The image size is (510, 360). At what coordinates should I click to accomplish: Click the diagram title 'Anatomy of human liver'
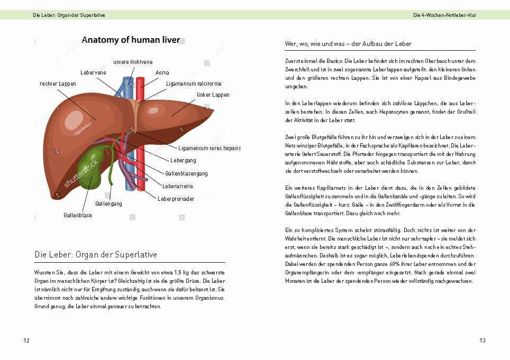pyautogui.click(x=131, y=40)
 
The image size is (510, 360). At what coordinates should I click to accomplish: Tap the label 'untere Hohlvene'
pyautogui.click(x=133, y=62)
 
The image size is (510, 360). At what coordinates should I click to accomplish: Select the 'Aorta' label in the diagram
pyautogui.click(x=162, y=72)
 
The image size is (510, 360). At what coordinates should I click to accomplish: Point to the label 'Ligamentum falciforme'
pyautogui.click(x=194, y=84)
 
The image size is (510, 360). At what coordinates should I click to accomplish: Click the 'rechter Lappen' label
pyautogui.click(x=58, y=84)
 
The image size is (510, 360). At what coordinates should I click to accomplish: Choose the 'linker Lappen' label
pyautogui.click(x=213, y=95)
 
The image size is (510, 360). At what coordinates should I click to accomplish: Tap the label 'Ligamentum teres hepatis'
pyautogui.click(x=210, y=148)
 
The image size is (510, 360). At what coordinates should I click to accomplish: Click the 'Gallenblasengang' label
pyautogui.click(x=186, y=173)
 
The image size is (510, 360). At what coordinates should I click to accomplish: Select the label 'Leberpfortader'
pyautogui.click(x=176, y=199)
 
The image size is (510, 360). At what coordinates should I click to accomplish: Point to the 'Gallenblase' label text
pyautogui.click(x=78, y=215)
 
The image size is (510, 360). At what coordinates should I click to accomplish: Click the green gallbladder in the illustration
pyautogui.click(x=90, y=164)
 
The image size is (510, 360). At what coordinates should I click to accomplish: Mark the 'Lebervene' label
pyautogui.click(x=93, y=72)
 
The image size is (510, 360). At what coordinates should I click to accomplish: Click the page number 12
pyautogui.click(x=26, y=340)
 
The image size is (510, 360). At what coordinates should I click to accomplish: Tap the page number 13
pyautogui.click(x=482, y=340)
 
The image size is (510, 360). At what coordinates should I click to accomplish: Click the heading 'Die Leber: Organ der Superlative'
pyautogui.click(x=96, y=255)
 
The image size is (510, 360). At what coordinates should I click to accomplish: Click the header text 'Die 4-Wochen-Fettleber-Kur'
pyautogui.click(x=444, y=15)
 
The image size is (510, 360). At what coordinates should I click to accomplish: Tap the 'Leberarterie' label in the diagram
pyautogui.click(x=178, y=186)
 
